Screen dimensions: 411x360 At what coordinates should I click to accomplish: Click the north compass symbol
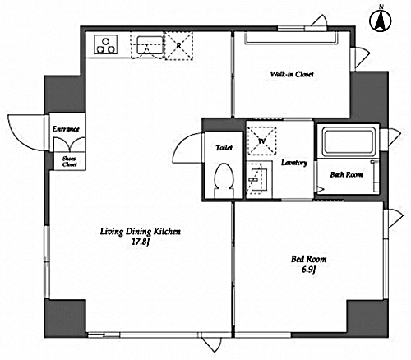click(381, 20)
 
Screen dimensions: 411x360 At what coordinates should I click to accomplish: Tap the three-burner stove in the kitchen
click(105, 44)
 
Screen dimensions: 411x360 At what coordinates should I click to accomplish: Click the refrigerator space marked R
click(178, 46)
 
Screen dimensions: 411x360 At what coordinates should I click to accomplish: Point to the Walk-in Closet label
click(292, 74)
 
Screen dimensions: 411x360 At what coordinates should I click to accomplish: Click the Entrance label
click(66, 129)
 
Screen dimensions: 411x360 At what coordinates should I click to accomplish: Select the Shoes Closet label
click(69, 161)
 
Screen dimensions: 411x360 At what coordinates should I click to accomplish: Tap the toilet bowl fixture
click(224, 180)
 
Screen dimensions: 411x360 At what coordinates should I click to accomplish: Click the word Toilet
click(224, 148)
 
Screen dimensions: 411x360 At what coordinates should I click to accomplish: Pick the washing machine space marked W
click(261, 141)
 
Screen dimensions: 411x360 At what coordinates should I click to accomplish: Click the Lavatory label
click(294, 163)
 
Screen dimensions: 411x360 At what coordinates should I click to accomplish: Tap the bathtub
click(348, 142)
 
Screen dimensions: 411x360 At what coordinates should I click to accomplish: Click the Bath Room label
click(346, 174)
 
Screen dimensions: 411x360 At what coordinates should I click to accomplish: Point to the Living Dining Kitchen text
click(140, 232)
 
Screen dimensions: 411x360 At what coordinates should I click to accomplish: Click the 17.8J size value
click(140, 242)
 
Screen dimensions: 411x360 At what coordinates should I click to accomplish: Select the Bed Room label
click(308, 259)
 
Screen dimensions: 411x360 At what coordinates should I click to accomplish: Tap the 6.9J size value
click(308, 270)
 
